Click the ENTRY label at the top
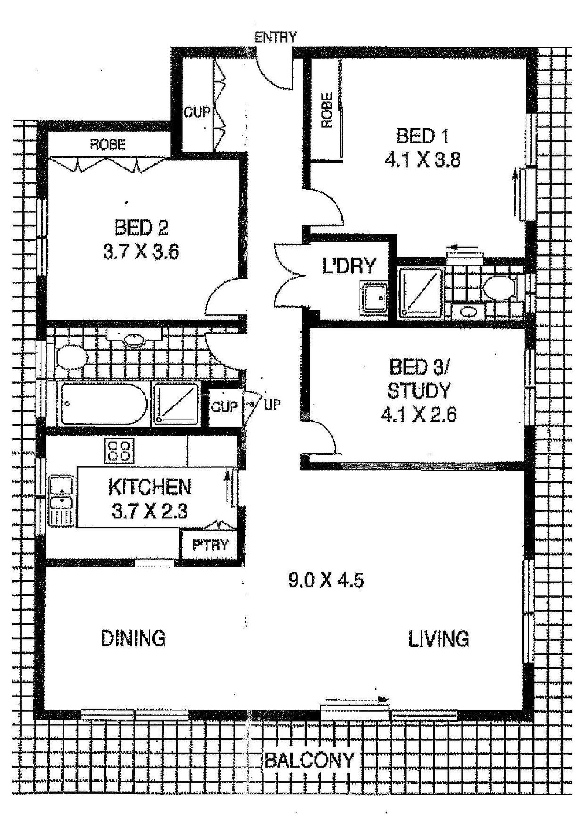(x=276, y=38)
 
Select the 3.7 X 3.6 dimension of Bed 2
(x=141, y=252)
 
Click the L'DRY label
(x=349, y=266)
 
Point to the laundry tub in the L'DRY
(x=374, y=297)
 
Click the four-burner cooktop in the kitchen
(x=119, y=451)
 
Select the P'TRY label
(x=210, y=545)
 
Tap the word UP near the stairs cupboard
(x=272, y=404)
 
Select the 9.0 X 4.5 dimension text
(x=326, y=580)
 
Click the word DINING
(x=133, y=639)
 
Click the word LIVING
(x=438, y=639)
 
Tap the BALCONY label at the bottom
(x=310, y=760)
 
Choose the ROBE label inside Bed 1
(x=327, y=110)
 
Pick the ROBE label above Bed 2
(x=108, y=144)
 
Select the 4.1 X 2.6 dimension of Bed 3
(x=419, y=415)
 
